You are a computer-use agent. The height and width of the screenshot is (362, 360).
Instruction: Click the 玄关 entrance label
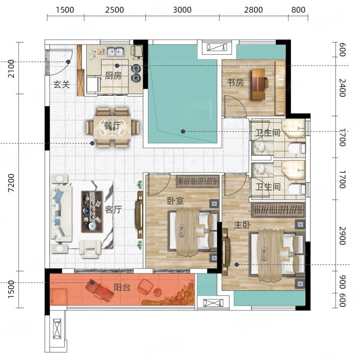(x=62, y=85)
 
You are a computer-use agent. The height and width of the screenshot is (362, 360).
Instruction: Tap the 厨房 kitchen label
(x=113, y=76)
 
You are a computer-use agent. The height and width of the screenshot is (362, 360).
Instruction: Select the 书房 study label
(x=235, y=82)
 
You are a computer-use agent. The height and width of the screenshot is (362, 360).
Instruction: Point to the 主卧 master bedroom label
(x=242, y=225)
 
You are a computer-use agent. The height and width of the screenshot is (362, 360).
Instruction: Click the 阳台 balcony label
(x=122, y=287)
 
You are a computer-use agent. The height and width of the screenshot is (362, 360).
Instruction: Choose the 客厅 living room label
(x=113, y=209)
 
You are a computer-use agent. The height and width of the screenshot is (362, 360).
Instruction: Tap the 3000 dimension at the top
(x=182, y=10)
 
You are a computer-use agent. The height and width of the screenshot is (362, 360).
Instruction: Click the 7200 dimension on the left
(x=11, y=183)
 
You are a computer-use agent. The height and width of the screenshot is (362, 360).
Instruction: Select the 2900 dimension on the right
(x=343, y=236)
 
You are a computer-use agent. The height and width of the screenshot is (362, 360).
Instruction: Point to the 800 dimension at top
(x=298, y=10)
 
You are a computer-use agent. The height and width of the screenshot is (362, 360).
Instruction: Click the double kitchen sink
(x=115, y=51)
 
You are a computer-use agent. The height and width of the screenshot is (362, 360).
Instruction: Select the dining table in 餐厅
(x=112, y=127)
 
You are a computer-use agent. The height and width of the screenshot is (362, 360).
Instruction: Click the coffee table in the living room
(x=92, y=211)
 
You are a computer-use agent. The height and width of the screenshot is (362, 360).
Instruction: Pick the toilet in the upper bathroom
(x=297, y=148)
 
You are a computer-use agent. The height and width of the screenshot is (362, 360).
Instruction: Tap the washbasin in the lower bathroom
(x=262, y=169)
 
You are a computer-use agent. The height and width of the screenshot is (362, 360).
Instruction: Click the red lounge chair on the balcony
(x=99, y=290)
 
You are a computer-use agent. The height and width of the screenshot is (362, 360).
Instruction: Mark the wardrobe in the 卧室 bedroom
(x=197, y=181)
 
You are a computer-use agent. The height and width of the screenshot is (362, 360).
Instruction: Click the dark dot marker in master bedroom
(x=237, y=265)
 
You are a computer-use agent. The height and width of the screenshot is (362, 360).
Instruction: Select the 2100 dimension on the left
(x=11, y=69)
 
